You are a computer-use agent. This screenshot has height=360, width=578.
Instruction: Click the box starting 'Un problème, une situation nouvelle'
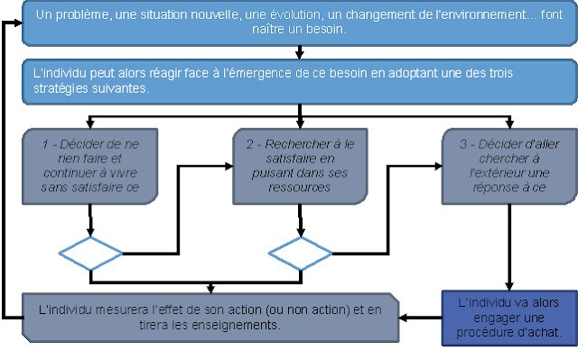298,23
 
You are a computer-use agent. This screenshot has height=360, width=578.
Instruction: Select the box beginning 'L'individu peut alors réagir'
298,82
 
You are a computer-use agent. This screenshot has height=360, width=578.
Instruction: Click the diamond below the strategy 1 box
90,254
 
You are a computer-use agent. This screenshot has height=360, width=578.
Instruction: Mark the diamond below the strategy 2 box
300,254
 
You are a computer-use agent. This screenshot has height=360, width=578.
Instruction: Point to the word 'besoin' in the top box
323,30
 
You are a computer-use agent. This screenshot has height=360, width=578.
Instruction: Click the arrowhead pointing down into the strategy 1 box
90,125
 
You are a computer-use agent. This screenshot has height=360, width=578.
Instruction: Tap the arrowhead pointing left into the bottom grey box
406,317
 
